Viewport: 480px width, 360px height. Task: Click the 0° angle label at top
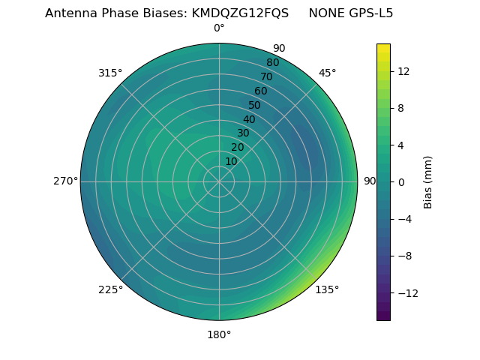point(219,28)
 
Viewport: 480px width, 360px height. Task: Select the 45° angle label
point(327,73)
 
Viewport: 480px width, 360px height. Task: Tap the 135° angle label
point(327,289)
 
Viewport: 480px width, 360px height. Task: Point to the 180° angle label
point(219,334)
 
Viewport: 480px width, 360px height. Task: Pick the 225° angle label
point(110,289)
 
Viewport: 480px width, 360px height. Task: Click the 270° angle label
point(65,181)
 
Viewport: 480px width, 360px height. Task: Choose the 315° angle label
point(110,73)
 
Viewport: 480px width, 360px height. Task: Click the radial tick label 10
point(231,161)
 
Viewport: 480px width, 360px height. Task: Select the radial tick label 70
point(266,77)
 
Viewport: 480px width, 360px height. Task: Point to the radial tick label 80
point(272,63)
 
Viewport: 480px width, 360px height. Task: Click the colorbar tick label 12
point(403,71)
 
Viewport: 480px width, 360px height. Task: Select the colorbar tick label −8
point(403,256)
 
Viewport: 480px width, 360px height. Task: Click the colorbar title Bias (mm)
point(428,182)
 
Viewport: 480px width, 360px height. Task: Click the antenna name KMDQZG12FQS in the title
point(241,13)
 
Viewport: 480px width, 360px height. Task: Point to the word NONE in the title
point(323,13)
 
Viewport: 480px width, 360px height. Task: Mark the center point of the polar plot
point(219,181)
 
